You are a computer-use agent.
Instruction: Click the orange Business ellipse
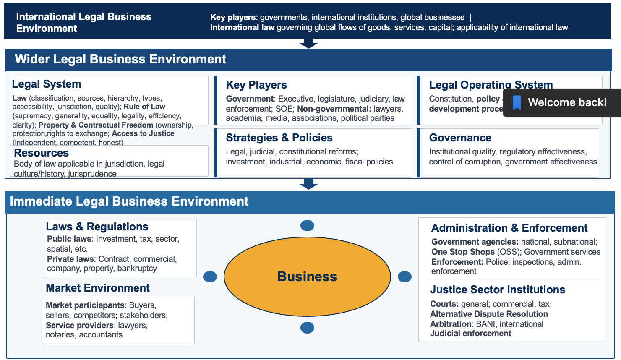(x=307, y=277)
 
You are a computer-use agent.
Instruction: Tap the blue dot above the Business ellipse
(x=307, y=226)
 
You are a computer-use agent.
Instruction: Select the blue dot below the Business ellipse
(x=307, y=328)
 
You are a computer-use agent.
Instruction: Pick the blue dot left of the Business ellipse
(x=210, y=277)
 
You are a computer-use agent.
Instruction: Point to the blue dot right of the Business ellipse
(x=404, y=277)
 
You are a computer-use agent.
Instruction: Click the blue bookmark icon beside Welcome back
(x=517, y=102)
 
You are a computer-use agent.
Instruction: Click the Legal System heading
(x=47, y=84)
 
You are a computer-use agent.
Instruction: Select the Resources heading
(x=41, y=153)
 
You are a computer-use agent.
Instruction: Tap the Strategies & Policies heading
(x=279, y=138)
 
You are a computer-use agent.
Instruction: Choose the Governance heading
(x=460, y=138)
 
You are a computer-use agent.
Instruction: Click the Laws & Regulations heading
(x=97, y=227)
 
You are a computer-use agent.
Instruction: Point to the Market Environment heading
(x=98, y=288)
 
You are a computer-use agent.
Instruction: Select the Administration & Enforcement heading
(x=509, y=228)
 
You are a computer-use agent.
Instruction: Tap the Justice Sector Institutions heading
(x=498, y=290)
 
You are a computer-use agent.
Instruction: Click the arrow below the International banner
(x=308, y=43)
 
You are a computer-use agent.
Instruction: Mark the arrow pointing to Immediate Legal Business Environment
(x=308, y=184)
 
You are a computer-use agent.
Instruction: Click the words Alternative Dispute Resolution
(x=489, y=314)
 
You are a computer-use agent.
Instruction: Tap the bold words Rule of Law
(x=144, y=107)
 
